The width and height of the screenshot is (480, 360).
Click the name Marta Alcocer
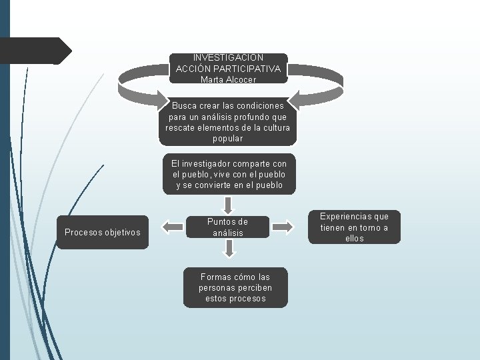(228, 79)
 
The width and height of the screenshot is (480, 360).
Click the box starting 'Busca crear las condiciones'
(228, 122)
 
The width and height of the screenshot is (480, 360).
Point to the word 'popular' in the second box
(228, 139)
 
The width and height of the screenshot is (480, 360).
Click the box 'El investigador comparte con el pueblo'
(229, 174)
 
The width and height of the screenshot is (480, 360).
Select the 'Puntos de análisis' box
(228, 227)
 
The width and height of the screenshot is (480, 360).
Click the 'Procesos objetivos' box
(103, 232)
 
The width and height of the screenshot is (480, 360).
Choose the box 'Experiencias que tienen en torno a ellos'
(354, 227)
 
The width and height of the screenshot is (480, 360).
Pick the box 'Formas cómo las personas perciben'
(235, 287)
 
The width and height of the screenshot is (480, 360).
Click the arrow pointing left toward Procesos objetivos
(173, 227)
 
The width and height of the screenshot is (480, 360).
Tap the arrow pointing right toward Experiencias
(283, 227)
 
